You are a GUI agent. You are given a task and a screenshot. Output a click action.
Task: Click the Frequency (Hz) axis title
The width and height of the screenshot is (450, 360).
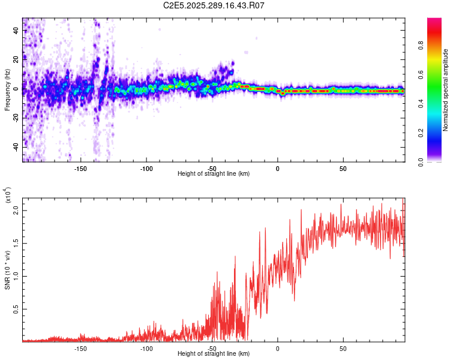tap(7, 90)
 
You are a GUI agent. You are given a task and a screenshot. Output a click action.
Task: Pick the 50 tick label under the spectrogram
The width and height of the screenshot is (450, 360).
tap(343, 168)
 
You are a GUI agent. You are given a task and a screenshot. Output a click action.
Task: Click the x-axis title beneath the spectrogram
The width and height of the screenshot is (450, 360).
tap(214, 174)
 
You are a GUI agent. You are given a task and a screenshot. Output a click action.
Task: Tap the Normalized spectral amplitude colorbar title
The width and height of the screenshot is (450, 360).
tap(445, 90)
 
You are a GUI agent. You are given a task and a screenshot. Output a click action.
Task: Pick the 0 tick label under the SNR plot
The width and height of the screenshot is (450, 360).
tap(277, 348)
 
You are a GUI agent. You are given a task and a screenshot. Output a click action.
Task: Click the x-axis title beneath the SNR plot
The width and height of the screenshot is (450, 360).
tap(214, 354)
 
